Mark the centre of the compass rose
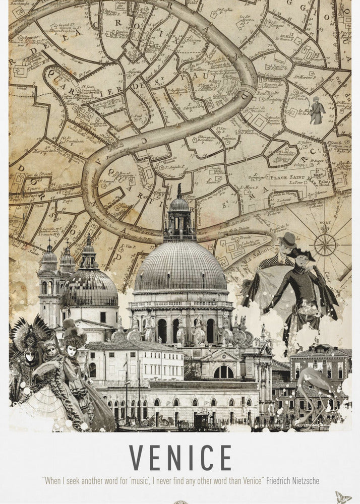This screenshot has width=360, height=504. pyautogui.click(x=325, y=245)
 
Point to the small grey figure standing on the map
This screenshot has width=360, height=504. pyautogui.click(x=316, y=110)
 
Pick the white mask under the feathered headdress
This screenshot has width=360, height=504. pyautogui.click(x=30, y=356)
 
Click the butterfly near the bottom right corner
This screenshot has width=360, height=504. pyautogui.click(x=344, y=496)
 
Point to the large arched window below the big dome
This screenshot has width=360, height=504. pyautogui.click(x=223, y=372)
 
